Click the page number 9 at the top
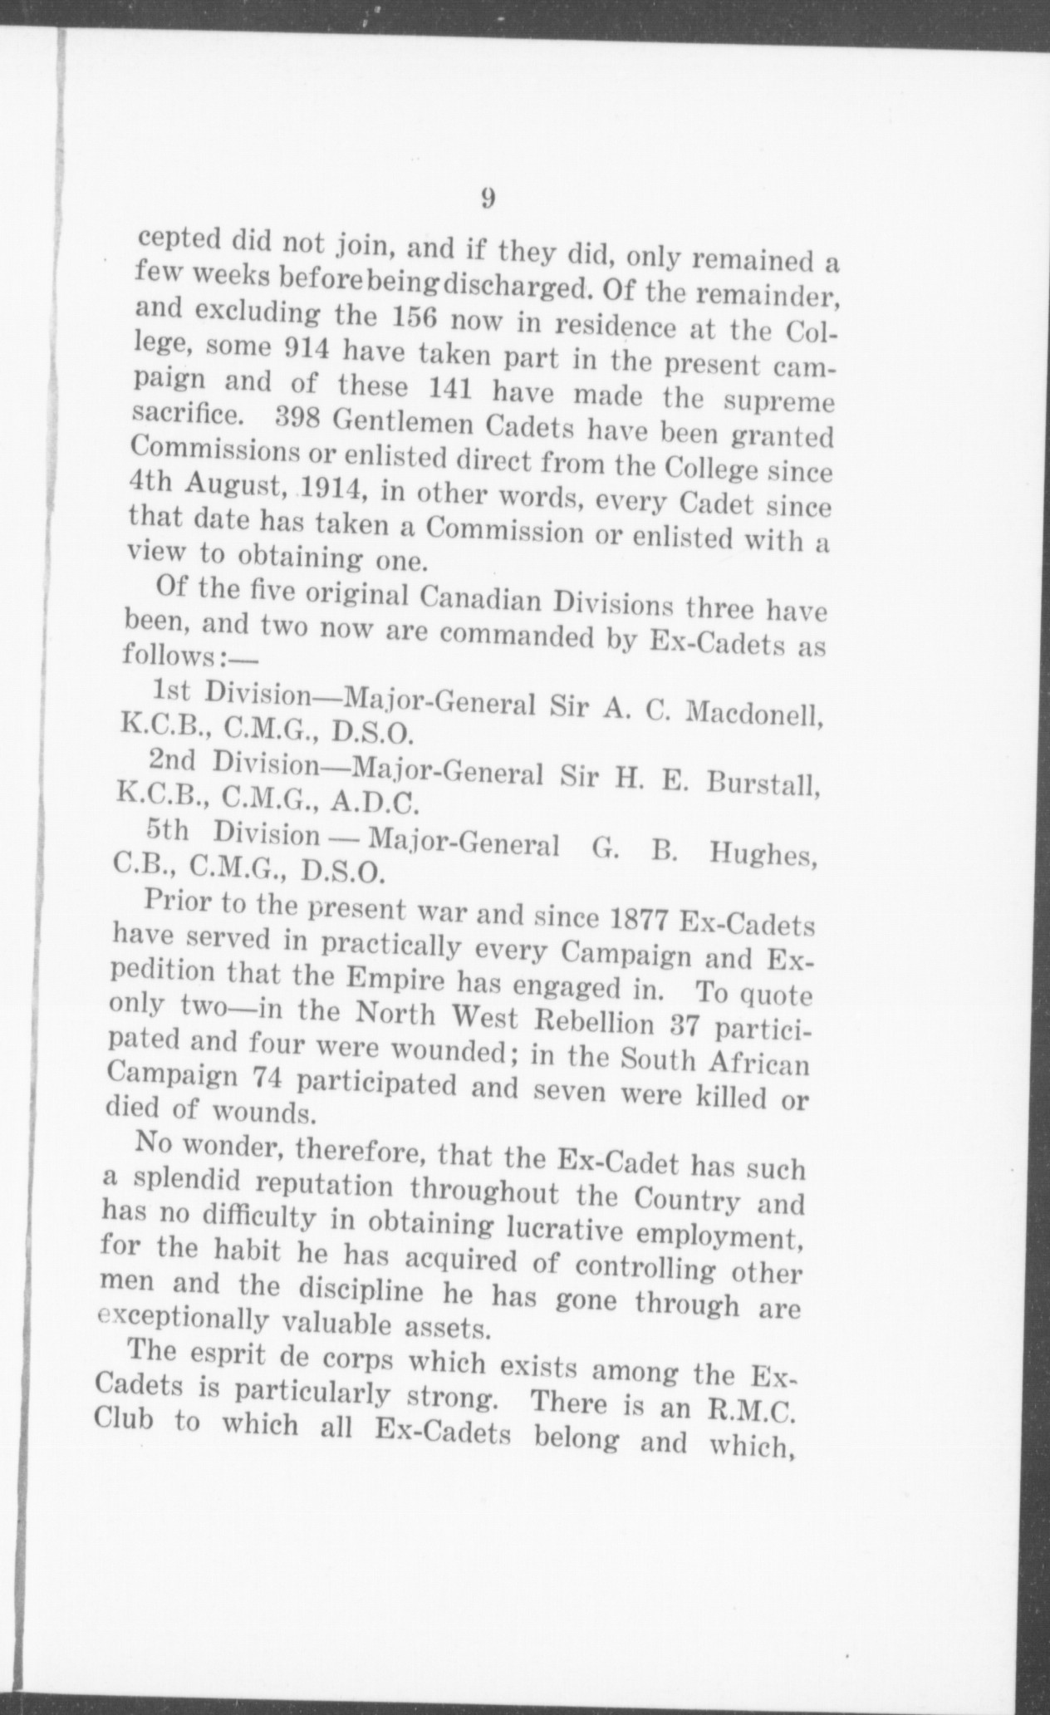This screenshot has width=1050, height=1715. (488, 199)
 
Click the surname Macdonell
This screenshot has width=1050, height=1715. (758, 714)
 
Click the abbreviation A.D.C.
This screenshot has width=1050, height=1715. (376, 803)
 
